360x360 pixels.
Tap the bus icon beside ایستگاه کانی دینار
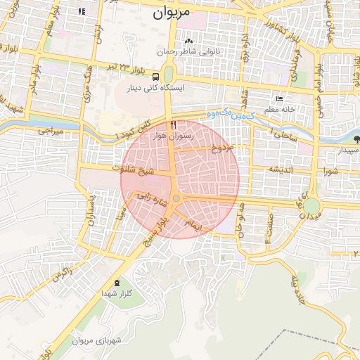pyautogui.click(x=155, y=77)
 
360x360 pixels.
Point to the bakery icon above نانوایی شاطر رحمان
pyautogui.click(x=188, y=40)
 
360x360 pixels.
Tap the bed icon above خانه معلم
pyautogui.click(x=280, y=99)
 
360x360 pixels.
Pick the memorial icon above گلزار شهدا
pyautogui.click(x=117, y=281)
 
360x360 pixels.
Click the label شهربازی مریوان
pyautogui.click(x=97, y=341)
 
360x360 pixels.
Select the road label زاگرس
pyautogui.click(x=63, y=274)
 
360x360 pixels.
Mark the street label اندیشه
pyautogui.click(x=280, y=169)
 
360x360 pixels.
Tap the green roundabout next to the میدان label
pyautogui.click(x=311, y=206)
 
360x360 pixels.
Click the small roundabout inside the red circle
pyautogui.click(x=176, y=200)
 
